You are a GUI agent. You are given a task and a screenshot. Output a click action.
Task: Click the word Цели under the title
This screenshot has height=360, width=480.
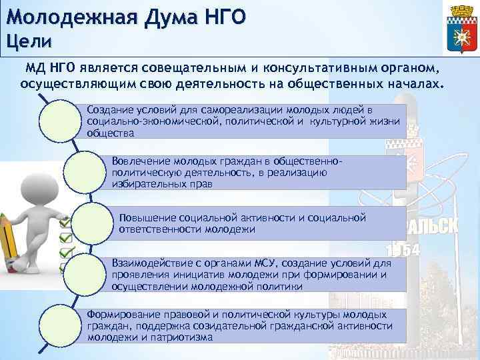click(28, 41)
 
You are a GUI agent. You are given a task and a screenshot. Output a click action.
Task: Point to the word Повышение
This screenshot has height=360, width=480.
click(146, 217)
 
